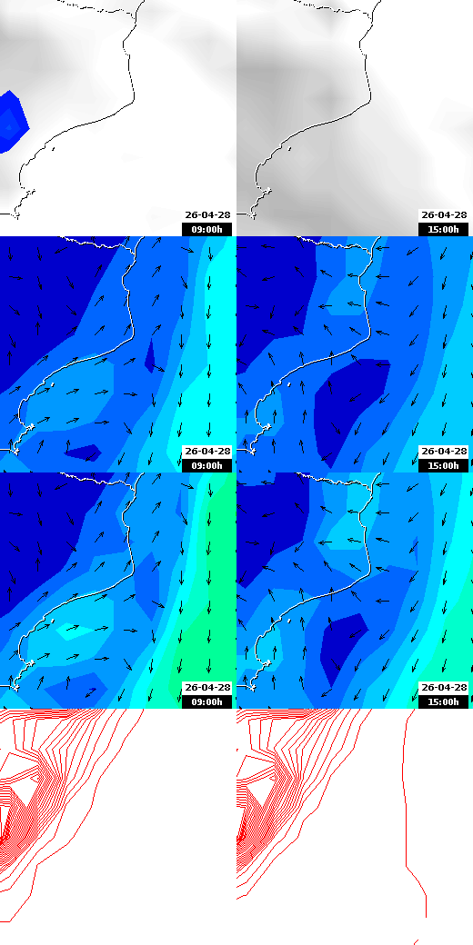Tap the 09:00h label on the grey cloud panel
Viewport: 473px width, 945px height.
coord(207,229)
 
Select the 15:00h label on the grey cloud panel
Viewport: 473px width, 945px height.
coord(444,229)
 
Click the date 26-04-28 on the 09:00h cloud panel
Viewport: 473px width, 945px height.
coord(207,215)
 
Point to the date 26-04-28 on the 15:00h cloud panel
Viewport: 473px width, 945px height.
coord(444,215)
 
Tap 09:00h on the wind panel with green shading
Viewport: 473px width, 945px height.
coord(207,701)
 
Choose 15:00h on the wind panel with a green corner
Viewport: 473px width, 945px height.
coord(444,701)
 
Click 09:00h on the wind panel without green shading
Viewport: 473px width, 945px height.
coord(207,465)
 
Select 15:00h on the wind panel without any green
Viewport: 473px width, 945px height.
coord(444,465)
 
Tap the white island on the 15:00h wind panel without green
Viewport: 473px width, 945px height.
coord(289,384)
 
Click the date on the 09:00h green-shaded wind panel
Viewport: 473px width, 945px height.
coord(207,688)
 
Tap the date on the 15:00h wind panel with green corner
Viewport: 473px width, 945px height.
coord(444,688)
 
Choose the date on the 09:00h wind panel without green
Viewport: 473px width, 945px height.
coord(207,452)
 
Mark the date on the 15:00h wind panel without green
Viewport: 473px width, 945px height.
coord(444,452)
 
